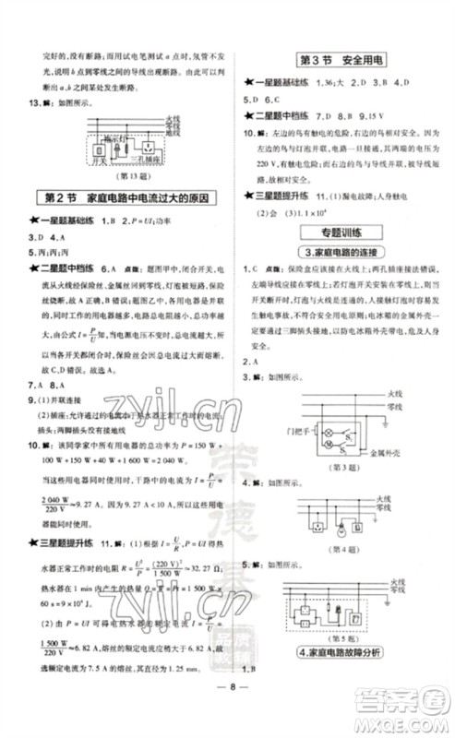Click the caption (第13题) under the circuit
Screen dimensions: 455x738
128,175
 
